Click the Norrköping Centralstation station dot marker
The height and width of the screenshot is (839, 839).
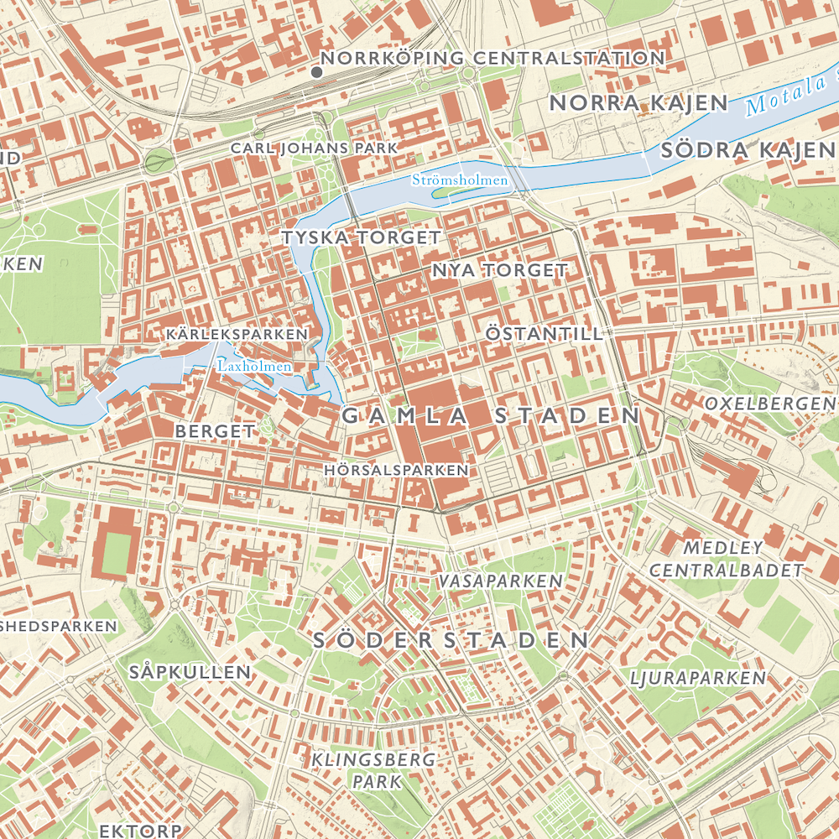tap(316, 73)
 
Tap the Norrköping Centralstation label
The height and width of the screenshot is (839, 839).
tap(493, 58)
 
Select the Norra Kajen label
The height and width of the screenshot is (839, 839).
tap(638, 103)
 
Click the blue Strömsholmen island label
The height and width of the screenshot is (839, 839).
tap(460, 180)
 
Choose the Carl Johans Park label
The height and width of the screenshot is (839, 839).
tap(314, 148)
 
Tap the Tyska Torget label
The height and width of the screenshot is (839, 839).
tap(361, 237)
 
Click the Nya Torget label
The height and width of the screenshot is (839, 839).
tap(500, 270)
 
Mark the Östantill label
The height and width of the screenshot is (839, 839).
tap(544, 334)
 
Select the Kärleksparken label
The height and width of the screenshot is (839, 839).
tap(237, 334)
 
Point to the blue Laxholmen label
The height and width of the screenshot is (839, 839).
tap(254, 366)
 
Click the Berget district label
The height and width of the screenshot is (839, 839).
tap(215, 431)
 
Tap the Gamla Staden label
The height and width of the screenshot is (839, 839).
tap(491, 415)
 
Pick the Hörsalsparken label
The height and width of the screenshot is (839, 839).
tap(396, 471)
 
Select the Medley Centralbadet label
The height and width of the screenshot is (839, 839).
tap(727, 560)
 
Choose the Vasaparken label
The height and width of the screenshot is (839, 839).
tap(499, 581)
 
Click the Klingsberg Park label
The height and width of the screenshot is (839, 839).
tap(374, 770)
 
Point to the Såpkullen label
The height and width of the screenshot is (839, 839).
tap(190, 672)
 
